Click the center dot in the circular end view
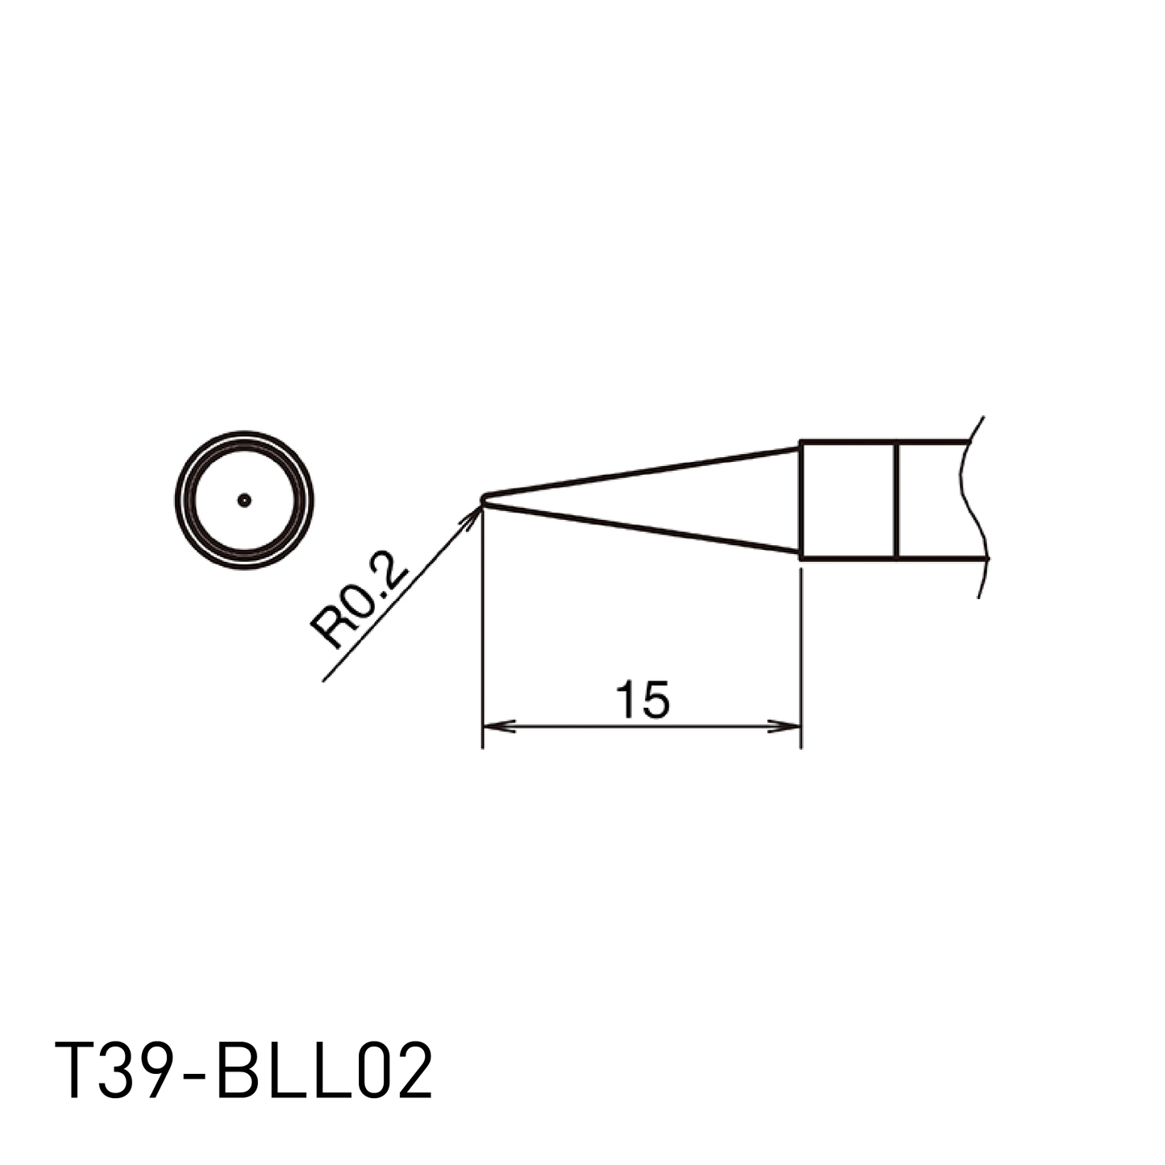(244, 500)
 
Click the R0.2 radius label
(360, 599)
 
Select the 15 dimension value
(642, 700)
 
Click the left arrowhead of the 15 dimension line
(499, 726)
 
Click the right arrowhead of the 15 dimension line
(784, 726)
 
